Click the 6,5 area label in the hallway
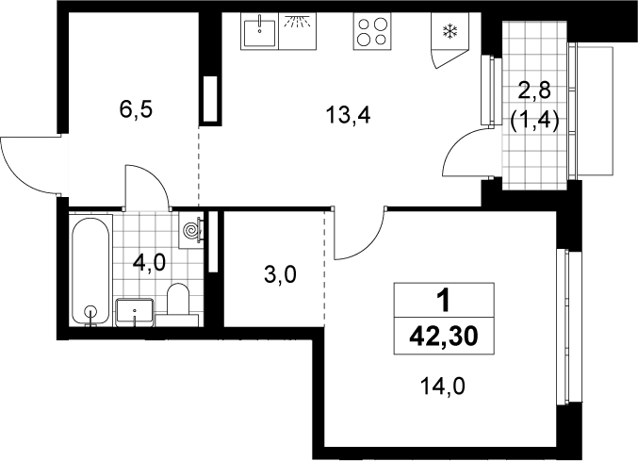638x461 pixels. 136,109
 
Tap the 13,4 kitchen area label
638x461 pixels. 348,116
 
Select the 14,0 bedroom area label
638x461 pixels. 442,387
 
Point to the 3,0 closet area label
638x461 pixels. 280,274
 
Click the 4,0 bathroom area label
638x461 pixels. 149,263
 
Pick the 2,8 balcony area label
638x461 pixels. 534,91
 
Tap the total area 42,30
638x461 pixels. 444,337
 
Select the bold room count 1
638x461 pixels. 444,301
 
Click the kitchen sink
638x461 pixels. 259,31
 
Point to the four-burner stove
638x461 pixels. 372,31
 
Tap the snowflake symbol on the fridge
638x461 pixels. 450,31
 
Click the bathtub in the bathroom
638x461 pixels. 90,270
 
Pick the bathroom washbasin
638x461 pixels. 135,312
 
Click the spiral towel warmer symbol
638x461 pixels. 191,231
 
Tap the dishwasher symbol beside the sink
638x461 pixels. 298,31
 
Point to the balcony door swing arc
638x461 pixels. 456,148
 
